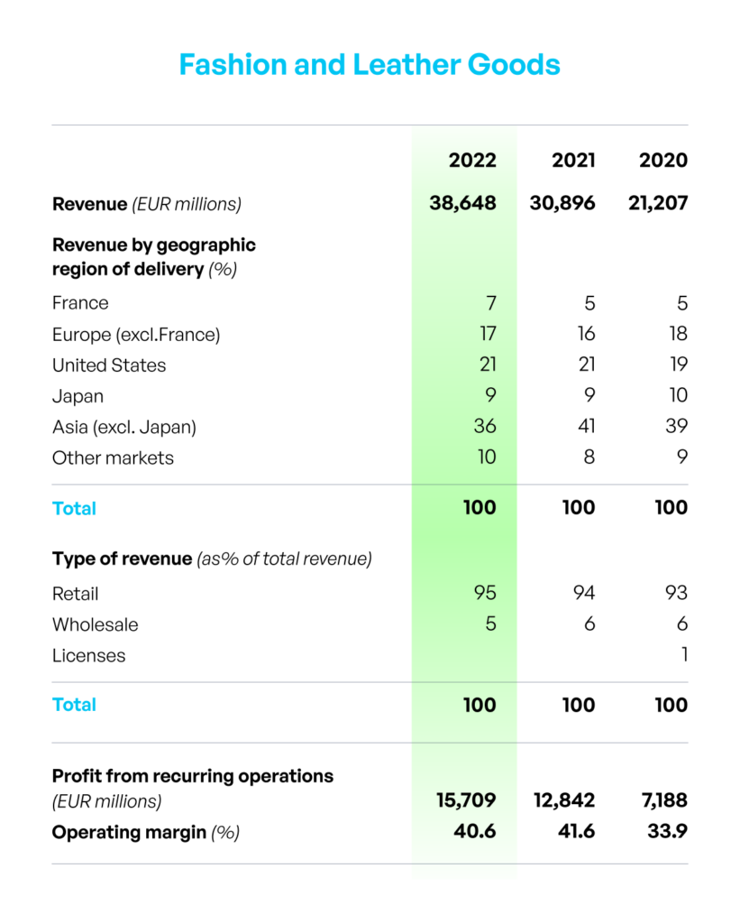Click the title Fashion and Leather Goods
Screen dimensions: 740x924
pyautogui.click(x=370, y=64)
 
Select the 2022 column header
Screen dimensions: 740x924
pyautogui.click(x=472, y=161)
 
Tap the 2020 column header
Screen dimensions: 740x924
pyautogui.click(x=662, y=161)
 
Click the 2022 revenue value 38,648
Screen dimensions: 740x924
pyautogui.click(x=462, y=203)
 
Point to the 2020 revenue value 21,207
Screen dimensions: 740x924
pyautogui.click(x=658, y=203)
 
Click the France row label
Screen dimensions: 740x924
pyautogui.click(x=80, y=303)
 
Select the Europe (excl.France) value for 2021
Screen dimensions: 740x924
pyautogui.click(x=587, y=334)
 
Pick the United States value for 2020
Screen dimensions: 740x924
pyautogui.click(x=679, y=365)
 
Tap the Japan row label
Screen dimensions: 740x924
pyautogui.click(x=78, y=397)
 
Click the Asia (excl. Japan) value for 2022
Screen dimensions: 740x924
pyautogui.click(x=485, y=426)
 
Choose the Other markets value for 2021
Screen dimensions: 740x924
pyautogui.click(x=589, y=457)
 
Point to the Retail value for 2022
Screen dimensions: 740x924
pyautogui.click(x=485, y=593)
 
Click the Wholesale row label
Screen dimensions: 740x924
pyautogui.click(x=96, y=624)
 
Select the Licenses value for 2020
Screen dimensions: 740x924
pyautogui.click(x=684, y=655)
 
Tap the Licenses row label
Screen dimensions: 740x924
pyautogui.click(x=89, y=656)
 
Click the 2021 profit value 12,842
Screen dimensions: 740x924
pyautogui.click(x=564, y=800)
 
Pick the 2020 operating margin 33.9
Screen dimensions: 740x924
pyautogui.click(x=668, y=831)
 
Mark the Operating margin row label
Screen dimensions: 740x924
pyautogui.click(x=129, y=832)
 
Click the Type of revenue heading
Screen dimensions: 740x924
pyautogui.click(x=122, y=559)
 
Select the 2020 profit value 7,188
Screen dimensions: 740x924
pyautogui.click(x=664, y=800)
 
